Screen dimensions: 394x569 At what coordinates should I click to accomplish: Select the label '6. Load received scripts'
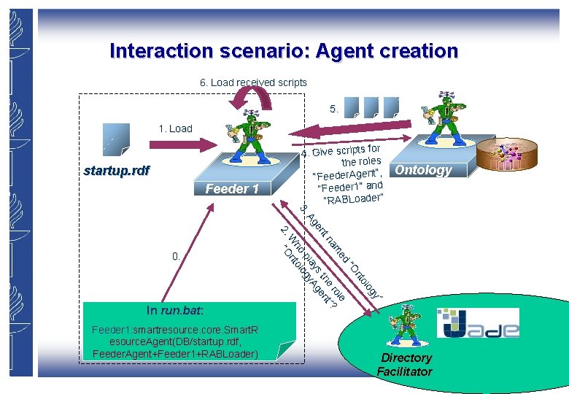click(x=253, y=82)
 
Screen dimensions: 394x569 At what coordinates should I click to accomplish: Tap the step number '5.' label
click(x=334, y=109)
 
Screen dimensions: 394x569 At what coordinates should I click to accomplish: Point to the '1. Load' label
click(x=175, y=128)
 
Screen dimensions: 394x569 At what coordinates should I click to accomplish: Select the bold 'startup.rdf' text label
click(x=117, y=171)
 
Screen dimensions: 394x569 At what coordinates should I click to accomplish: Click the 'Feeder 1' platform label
click(x=231, y=189)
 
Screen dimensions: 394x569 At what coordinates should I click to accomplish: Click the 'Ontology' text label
click(x=423, y=170)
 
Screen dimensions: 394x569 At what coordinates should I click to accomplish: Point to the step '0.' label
click(x=176, y=256)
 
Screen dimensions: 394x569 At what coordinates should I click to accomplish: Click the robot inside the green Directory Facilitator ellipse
click(x=402, y=323)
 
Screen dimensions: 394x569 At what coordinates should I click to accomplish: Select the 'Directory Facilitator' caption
click(x=406, y=365)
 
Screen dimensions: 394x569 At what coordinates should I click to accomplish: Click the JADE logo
click(x=478, y=322)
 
